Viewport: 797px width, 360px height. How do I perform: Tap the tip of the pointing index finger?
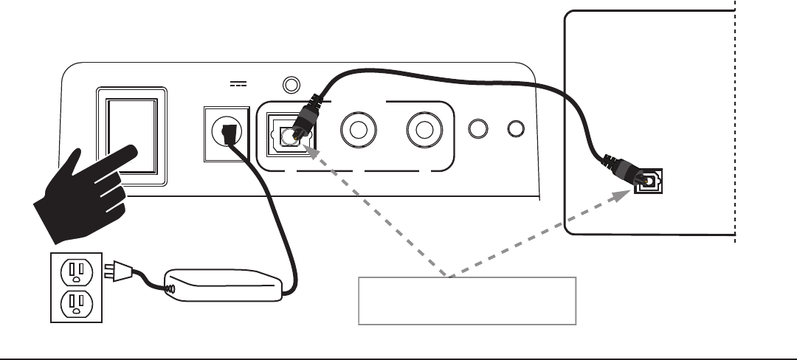(134, 153)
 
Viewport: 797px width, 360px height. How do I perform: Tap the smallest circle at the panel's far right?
(516, 129)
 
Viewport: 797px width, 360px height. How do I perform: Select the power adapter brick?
(222, 284)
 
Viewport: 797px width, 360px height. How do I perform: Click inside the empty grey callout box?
(466, 300)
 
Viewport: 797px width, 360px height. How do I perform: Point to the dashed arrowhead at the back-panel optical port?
(313, 150)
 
